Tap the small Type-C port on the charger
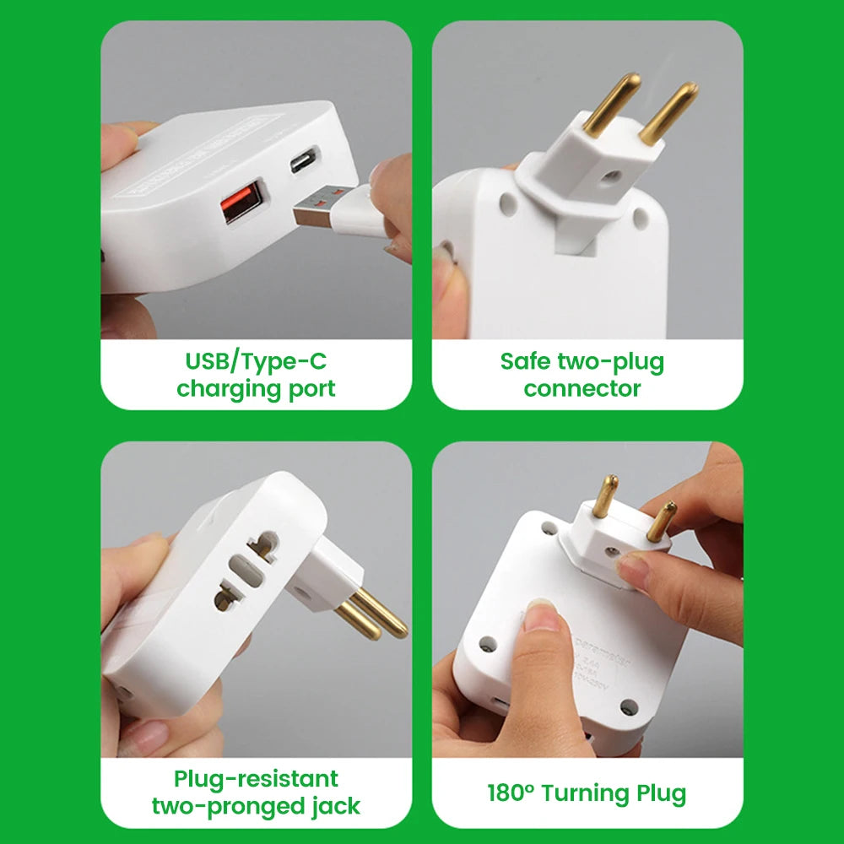[304, 160]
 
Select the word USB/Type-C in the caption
[256, 362]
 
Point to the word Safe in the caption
[525, 362]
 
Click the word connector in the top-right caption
[582, 389]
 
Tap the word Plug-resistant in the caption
[256, 778]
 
